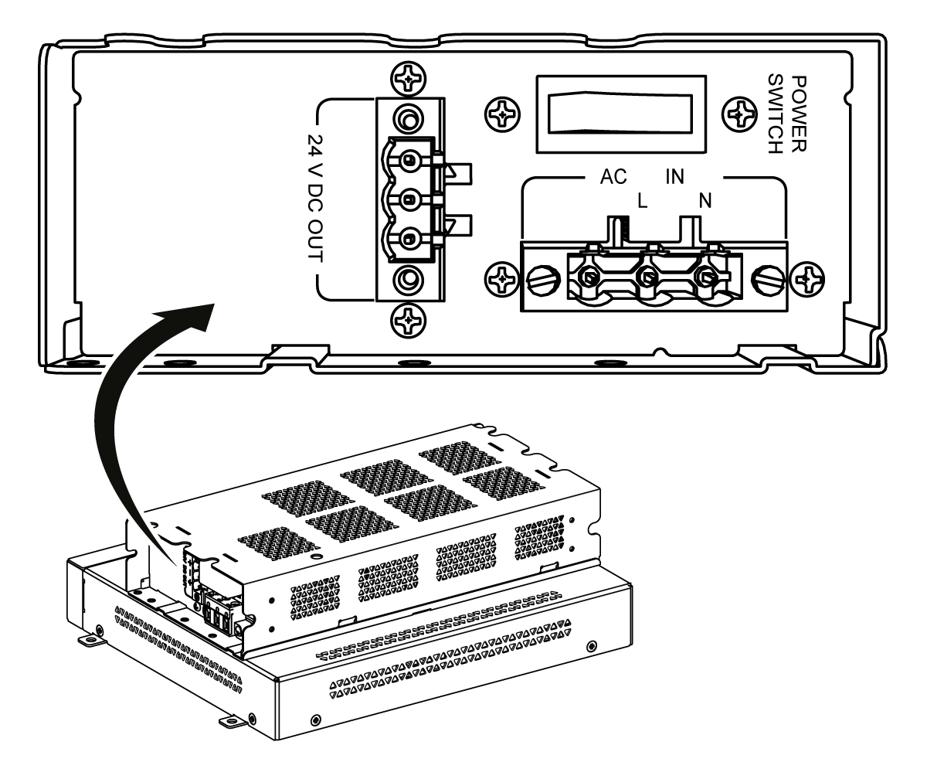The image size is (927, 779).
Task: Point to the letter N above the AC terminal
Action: point(705,200)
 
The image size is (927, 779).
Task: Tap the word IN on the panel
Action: point(675,176)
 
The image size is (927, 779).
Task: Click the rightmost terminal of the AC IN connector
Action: point(705,276)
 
